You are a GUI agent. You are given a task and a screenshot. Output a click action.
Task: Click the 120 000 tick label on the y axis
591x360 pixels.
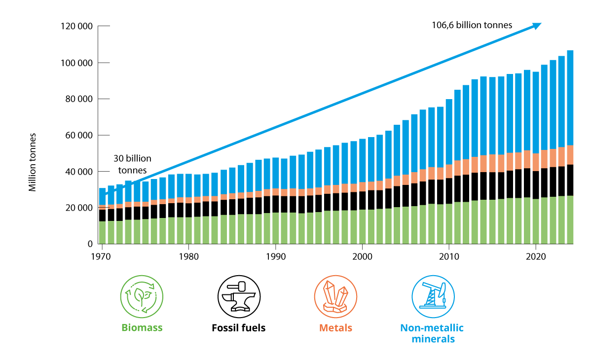point(76,27)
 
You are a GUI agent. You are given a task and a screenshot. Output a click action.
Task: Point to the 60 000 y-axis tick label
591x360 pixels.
point(79,136)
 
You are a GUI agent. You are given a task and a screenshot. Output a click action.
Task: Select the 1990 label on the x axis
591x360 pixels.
point(275,257)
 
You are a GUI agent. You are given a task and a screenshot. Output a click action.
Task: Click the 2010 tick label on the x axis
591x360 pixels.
point(448,257)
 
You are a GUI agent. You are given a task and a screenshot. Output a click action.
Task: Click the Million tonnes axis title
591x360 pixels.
point(33,162)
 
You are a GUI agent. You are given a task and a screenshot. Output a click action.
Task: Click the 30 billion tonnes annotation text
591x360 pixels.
point(132,164)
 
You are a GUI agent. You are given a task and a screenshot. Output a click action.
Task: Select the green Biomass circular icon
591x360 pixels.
point(141,296)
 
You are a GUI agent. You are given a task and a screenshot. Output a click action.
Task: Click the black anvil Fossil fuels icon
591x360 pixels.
point(238,296)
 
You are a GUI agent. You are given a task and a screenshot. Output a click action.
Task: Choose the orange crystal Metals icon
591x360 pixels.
point(335,296)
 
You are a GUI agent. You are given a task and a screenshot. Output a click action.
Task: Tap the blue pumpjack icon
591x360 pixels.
point(432,296)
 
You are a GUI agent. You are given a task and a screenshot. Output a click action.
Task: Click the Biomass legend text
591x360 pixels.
point(142,328)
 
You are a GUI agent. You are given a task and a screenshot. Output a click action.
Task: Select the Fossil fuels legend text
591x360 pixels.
point(238,328)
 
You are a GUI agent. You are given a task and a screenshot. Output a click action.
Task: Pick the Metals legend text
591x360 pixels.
point(335,328)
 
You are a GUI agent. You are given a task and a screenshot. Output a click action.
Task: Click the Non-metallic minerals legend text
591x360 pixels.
point(432,333)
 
